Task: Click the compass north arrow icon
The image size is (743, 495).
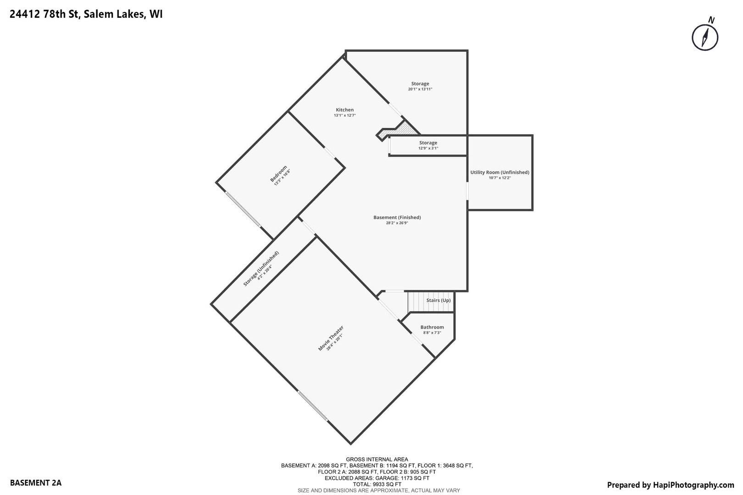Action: (x=705, y=36)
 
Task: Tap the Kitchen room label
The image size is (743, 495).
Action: (x=345, y=110)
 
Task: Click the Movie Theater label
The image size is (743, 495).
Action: (x=331, y=338)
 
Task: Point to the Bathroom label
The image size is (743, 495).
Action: (x=432, y=327)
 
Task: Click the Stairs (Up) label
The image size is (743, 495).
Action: (x=438, y=300)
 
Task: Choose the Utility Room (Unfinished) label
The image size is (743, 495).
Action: (x=499, y=172)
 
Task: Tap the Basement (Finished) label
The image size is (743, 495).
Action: (x=397, y=217)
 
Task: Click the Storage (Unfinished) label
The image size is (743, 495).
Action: (x=261, y=269)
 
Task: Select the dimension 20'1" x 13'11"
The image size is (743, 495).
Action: (x=420, y=89)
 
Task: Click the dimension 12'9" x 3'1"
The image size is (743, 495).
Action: (x=428, y=148)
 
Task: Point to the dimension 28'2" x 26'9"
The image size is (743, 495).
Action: (x=397, y=223)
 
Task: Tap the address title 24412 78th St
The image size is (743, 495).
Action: (x=86, y=14)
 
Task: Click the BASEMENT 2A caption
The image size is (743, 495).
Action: (x=35, y=483)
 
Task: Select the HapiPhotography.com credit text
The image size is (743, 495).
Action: (x=670, y=485)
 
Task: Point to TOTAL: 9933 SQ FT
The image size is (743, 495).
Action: (x=377, y=484)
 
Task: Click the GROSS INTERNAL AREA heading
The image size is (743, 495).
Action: (x=377, y=459)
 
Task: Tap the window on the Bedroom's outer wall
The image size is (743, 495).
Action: (x=243, y=209)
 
